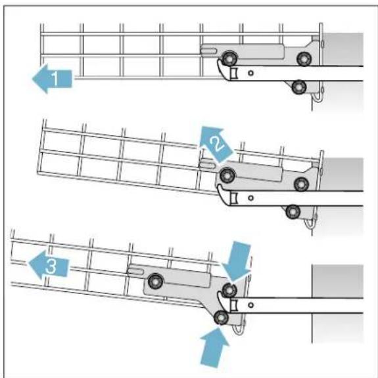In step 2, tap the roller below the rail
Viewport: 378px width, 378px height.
[x=292, y=211]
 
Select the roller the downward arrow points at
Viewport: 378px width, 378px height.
[x=229, y=289]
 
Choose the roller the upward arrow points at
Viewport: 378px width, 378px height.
[x=221, y=318]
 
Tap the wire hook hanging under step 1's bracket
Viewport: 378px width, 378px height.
[x=318, y=99]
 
